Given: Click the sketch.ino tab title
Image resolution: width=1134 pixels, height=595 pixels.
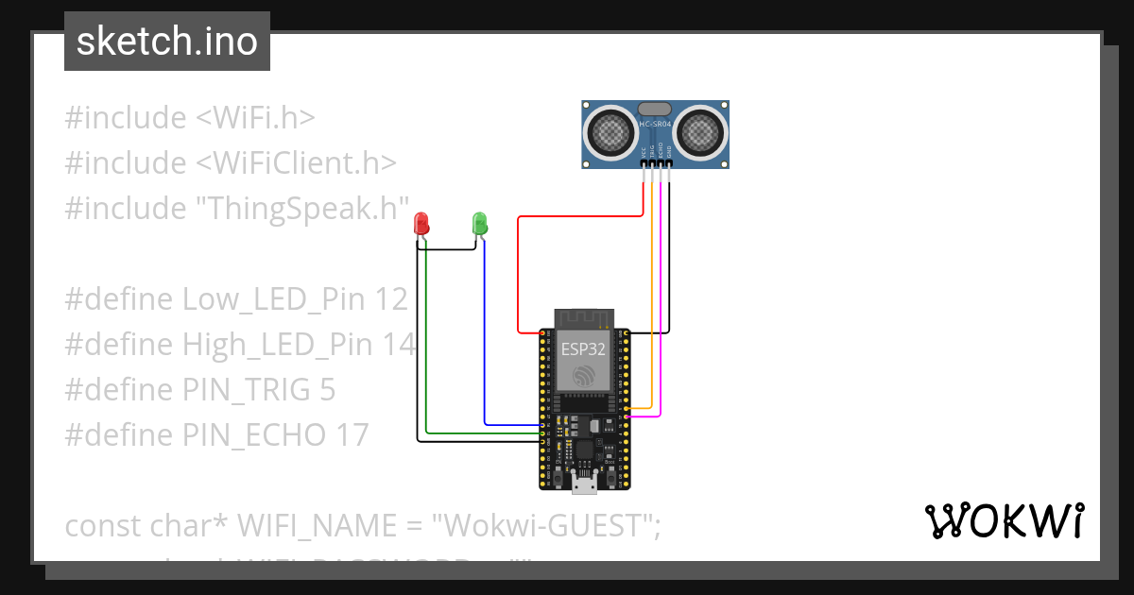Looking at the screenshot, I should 166,42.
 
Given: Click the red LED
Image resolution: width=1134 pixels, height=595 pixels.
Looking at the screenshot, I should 421,224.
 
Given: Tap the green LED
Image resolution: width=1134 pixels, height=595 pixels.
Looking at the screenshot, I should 479,224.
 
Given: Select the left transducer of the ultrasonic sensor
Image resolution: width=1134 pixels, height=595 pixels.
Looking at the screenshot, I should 611,132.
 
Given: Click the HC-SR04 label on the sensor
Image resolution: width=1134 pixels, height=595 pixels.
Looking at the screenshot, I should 655,124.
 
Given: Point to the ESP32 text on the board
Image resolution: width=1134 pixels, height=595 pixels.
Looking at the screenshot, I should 583,348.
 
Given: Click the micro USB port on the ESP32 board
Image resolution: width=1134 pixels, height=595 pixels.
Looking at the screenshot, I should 584,485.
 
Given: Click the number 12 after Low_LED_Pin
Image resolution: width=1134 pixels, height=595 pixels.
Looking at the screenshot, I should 390,299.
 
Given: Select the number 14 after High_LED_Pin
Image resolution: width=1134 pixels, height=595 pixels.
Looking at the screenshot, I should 399,345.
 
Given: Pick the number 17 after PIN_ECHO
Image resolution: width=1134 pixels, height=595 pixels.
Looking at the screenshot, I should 352,434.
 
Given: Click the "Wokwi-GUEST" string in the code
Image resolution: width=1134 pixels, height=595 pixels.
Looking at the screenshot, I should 545,525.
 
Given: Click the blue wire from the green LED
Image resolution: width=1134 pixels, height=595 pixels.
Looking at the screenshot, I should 485,340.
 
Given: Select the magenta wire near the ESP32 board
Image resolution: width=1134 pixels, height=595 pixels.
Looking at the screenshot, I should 660,302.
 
